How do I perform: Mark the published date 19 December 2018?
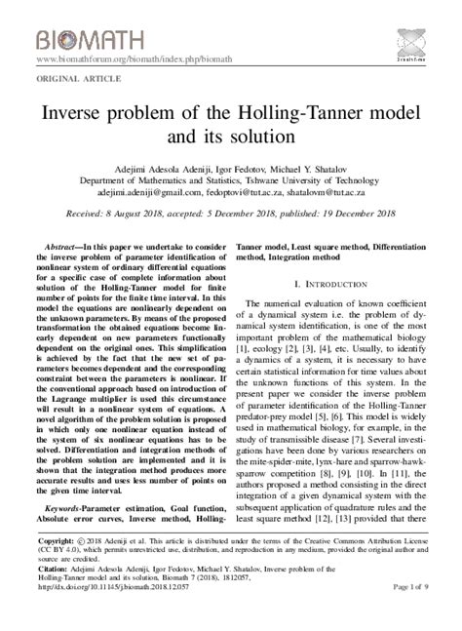pos(353,214)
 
